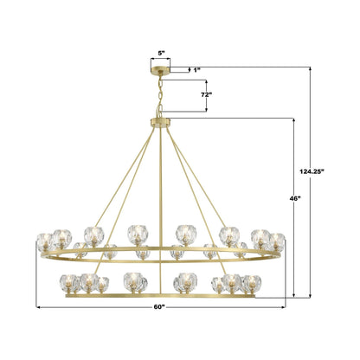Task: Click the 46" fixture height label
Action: coord(296,198)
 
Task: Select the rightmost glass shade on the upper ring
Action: coord(277,241)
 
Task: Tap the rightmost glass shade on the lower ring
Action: coord(251,282)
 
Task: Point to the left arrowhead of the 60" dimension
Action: coord(38,305)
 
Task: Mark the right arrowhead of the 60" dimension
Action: coord(286,305)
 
